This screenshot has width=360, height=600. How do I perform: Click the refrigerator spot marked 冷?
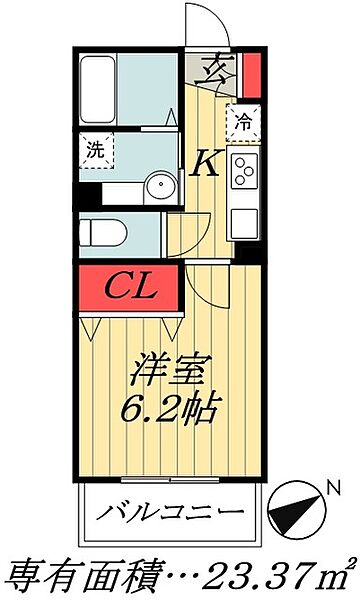point(243,123)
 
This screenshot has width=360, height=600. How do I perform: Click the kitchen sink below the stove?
point(244,217)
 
